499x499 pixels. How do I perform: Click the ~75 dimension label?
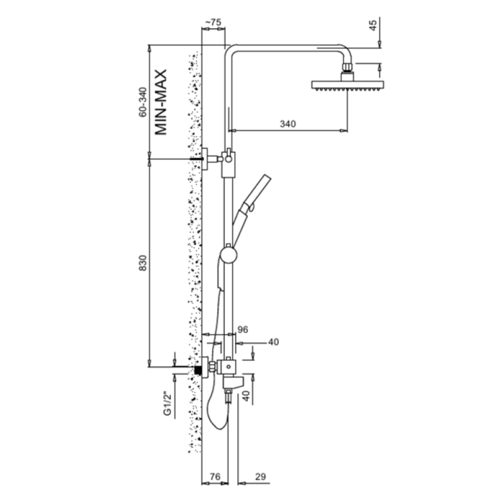coord(213,22)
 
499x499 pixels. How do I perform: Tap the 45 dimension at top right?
coord(373,25)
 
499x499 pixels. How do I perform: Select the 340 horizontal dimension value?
coord(288,123)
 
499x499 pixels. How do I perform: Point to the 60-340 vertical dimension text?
coord(143,102)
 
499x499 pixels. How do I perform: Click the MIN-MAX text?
coord(161,102)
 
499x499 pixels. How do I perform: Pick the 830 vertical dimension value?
coord(143,263)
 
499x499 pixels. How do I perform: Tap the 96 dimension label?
coord(243,330)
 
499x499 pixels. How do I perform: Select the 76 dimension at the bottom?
coord(215,477)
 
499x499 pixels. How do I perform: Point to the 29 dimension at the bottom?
coord(260,477)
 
